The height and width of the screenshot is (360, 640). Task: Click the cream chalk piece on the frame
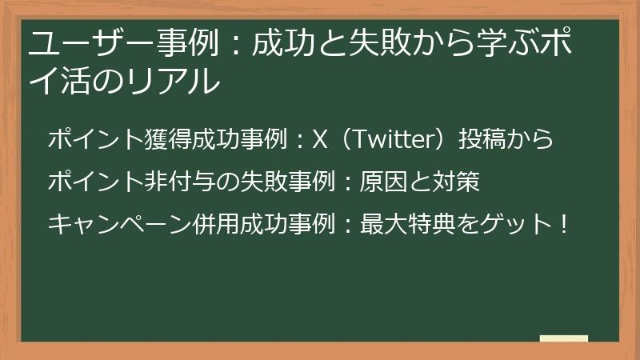(564, 339)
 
